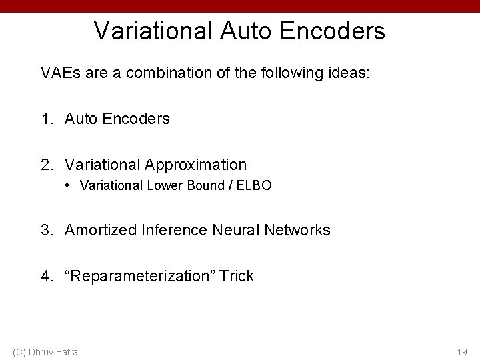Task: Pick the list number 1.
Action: click(x=46, y=119)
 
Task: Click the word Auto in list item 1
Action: click(x=80, y=119)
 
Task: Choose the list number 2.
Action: click(x=46, y=164)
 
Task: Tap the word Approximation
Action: click(x=194, y=164)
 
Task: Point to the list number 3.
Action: click(x=46, y=231)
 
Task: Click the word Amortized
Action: click(x=100, y=231)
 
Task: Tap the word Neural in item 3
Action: click(x=239, y=231)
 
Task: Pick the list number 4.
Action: click(x=46, y=276)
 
